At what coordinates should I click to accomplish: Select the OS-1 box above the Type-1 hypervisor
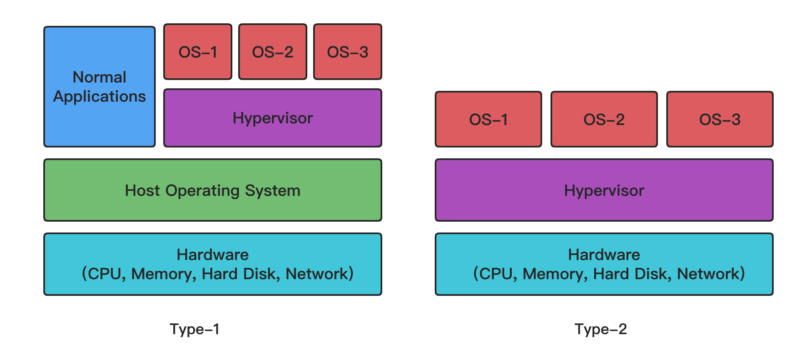pyautogui.click(x=198, y=52)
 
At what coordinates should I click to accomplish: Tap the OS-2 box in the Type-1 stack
pyautogui.click(x=273, y=52)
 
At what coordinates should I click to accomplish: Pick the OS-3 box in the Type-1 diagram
pyautogui.click(x=348, y=52)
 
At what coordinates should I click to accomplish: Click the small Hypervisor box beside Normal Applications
pyautogui.click(x=273, y=118)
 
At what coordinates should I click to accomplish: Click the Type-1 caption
pyautogui.click(x=194, y=329)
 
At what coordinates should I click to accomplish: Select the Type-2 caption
pyautogui.click(x=600, y=329)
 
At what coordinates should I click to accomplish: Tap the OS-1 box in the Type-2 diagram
pyautogui.click(x=488, y=120)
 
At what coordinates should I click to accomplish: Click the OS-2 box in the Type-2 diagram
pyautogui.click(x=604, y=120)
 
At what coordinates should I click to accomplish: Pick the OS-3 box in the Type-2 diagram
pyautogui.click(x=720, y=120)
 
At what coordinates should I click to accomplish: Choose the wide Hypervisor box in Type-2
pyautogui.click(x=604, y=190)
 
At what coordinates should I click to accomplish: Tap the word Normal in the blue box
pyautogui.click(x=100, y=77)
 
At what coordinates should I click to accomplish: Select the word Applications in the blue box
pyautogui.click(x=100, y=96)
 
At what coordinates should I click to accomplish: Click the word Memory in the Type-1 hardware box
pyautogui.click(x=163, y=274)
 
